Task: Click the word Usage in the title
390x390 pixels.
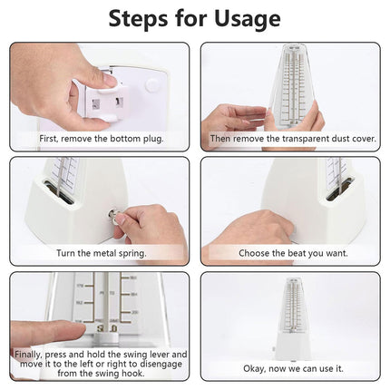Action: [248, 19]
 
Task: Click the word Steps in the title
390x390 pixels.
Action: [139, 18]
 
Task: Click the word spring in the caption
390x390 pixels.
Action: [132, 253]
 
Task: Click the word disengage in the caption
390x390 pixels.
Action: [161, 364]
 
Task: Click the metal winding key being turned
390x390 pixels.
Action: [114, 216]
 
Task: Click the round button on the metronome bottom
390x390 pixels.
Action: [151, 85]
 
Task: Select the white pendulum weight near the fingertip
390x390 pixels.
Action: [106, 337]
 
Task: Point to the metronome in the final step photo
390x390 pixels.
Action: [291, 319]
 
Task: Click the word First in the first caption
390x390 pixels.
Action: [49, 139]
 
